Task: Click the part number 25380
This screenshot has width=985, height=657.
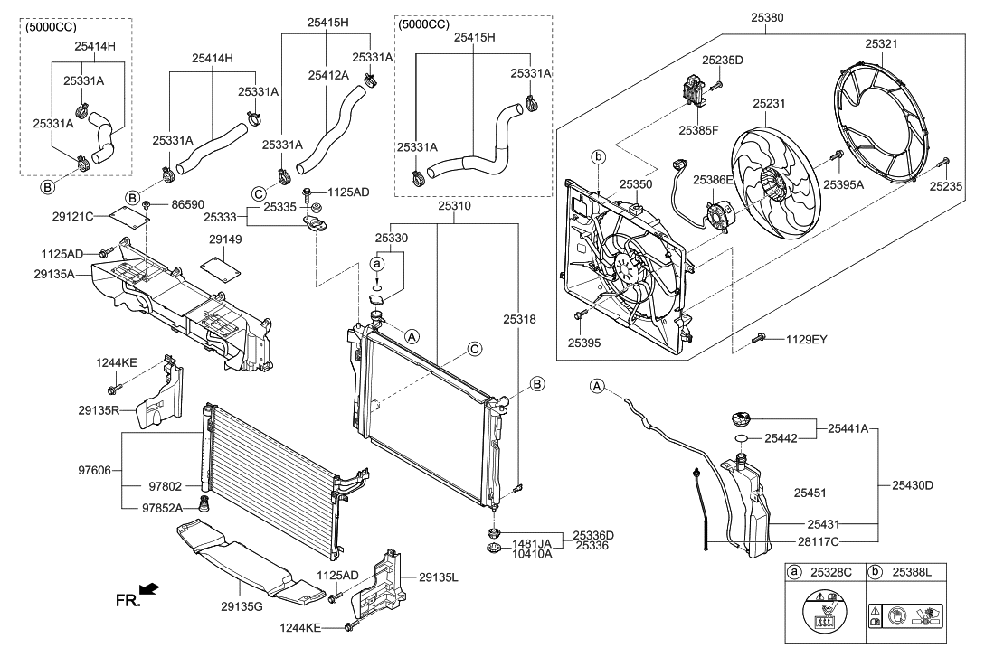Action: (x=767, y=17)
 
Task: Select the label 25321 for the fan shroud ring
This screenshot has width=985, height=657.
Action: (x=881, y=44)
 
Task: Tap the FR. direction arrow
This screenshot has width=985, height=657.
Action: (x=149, y=589)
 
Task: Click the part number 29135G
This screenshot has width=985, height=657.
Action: (x=242, y=606)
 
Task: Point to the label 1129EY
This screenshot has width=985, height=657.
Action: (x=807, y=340)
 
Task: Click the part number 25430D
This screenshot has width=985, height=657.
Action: (x=913, y=485)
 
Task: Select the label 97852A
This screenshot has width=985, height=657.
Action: (x=162, y=508)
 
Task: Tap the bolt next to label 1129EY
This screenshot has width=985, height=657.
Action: (x=759, y=338)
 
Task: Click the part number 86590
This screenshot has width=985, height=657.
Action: (x=188, y=204)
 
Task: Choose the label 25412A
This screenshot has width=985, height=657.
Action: (x=328, y=75)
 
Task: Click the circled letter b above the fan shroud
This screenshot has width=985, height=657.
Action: (x=599, y=157)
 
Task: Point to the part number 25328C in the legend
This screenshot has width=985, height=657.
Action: (x=831, y=572)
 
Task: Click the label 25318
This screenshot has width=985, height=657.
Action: (x=519, y=319)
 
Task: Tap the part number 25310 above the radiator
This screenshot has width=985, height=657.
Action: (x=455, y=206)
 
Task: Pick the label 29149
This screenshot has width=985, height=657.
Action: (x=225, y=239)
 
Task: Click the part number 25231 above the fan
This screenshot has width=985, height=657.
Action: (x=770, y=104)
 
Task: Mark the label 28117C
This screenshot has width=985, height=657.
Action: (x=818, y=541)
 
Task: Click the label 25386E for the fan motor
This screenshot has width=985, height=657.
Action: (x=713, y=180)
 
